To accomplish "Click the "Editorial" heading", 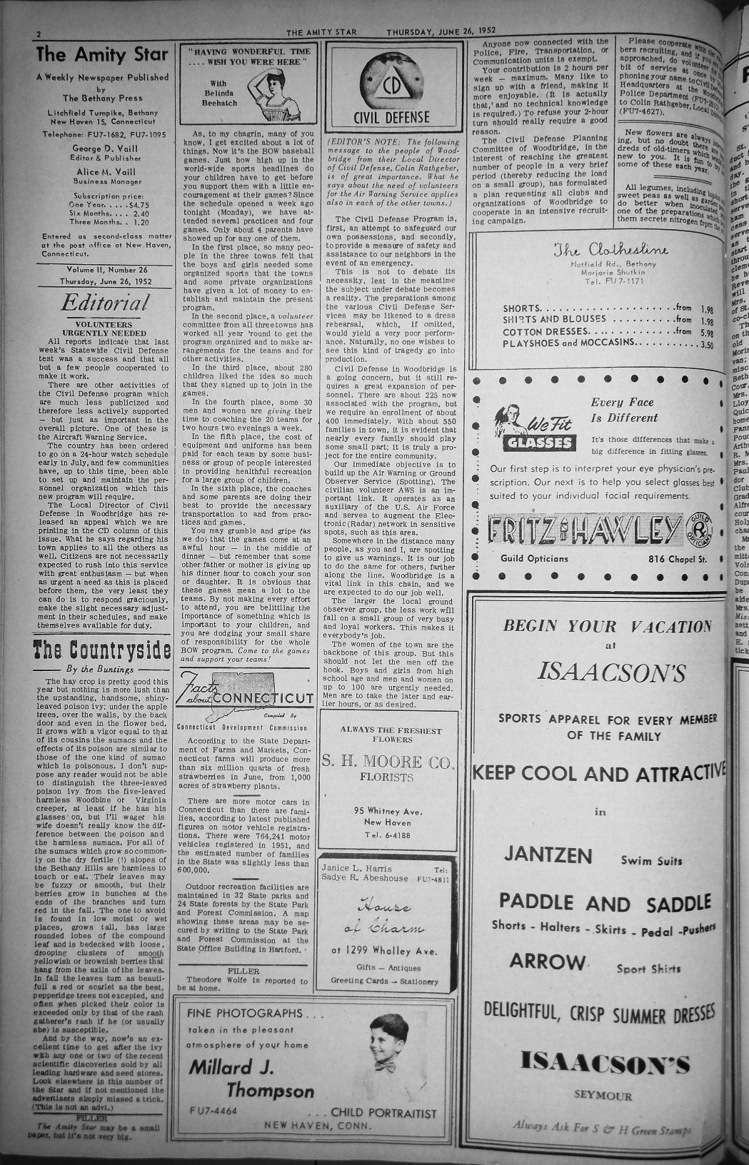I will click(105, 303).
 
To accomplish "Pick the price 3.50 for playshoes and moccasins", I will click(706, 344).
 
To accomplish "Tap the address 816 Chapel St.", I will click(676, 558).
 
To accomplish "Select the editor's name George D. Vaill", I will click(104, 148).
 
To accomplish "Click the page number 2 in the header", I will click(40, 34).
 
